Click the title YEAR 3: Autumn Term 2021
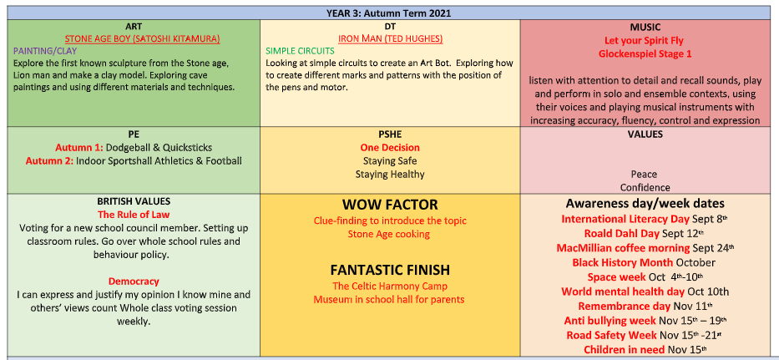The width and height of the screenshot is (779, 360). [x=389, y=13]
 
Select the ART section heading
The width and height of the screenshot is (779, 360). [x=134, y=27]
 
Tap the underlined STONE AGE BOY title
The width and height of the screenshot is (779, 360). [x=143, y=38]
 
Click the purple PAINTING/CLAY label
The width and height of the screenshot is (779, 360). [x=45, y=51]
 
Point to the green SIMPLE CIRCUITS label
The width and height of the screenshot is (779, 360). [x=300, y=51]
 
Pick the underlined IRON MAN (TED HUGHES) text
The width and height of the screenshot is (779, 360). [x=390, y=38]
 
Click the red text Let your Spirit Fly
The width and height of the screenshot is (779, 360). [x=645, y=41]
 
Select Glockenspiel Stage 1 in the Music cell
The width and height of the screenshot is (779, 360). [x=645, y=53]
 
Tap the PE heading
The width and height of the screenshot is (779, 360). [x=134, y=134]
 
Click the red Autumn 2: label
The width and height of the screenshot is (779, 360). [x=50, y=161]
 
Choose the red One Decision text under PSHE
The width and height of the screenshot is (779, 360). [x=390, y=148]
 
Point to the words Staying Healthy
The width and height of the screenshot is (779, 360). [x=390, y=175]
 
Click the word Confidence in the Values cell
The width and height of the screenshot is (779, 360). [x=645, y=187]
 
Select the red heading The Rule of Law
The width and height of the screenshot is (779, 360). [x=134, y=215]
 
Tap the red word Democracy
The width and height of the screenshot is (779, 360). [x=134, y=281]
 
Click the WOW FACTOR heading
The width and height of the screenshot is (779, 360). [x=390, y=205]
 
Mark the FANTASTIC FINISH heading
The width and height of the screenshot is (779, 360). [x=390, y=270]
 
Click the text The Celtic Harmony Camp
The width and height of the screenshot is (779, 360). [x=390, y=286]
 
